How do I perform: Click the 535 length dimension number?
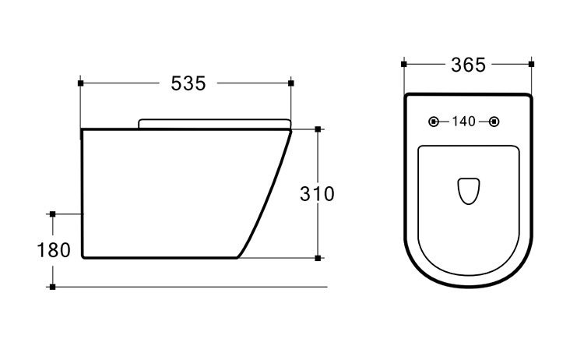pos(188,83)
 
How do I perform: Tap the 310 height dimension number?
pos(318,194)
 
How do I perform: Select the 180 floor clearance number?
pos(54,250)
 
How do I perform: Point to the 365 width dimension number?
pos(468,65)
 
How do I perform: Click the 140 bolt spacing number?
pos(464,122)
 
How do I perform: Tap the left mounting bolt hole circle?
pos(434,122)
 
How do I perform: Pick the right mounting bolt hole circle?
pos(494,122)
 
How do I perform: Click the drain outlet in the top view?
pos(469,191)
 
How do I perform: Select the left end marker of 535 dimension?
pos(80,83)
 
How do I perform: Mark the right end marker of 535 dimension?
pos(291,83)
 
